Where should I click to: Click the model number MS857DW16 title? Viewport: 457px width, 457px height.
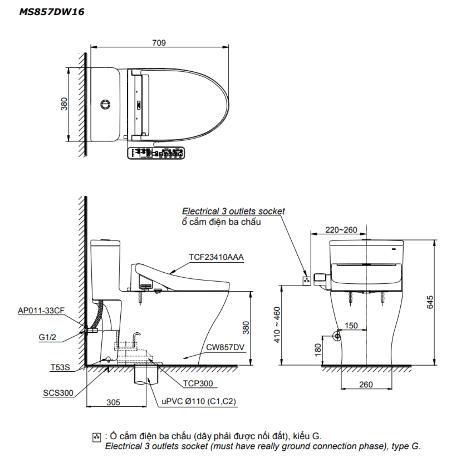[x=51, y=12]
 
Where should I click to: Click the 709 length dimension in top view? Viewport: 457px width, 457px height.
[x=159, y=43]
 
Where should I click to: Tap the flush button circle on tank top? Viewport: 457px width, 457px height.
[x=105, y=104]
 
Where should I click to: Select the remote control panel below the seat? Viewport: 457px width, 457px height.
[x=156, y=153]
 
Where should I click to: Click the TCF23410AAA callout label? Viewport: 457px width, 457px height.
[x=216, y=257]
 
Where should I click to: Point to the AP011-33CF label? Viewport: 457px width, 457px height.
[x=41, y=311]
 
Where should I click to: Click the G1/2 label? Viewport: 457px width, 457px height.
[x=47, y=337]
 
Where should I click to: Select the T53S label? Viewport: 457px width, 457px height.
[x=60, y=367]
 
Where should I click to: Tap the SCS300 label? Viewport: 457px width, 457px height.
[x=58, y=393]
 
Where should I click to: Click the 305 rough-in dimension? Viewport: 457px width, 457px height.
[x=113, y=402]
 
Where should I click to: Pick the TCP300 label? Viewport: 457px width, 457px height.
[x=198, y=384]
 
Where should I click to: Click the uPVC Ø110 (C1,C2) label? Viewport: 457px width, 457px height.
[x=199, y=402]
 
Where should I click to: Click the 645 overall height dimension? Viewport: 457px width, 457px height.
[x=430, y=302]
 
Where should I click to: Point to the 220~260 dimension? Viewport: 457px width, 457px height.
[x=341, y=230]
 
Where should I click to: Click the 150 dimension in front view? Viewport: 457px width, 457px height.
[x=351, y=326]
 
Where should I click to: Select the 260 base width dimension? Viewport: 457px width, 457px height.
[x=366, y=384]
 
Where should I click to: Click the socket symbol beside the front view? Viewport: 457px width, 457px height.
[x=307, y=281]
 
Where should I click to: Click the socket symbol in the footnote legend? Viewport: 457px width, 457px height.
[x=96, y=438]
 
